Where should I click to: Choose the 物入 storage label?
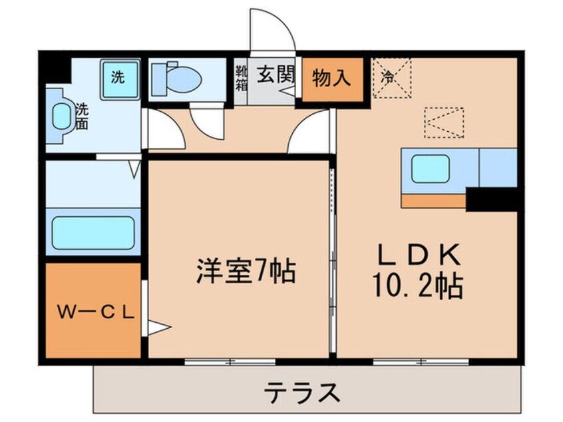tap(332, 78)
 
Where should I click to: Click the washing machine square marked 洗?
tap(119, 78)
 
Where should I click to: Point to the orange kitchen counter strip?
tap(433, 200)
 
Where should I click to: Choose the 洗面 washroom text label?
tap(82, 115)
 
